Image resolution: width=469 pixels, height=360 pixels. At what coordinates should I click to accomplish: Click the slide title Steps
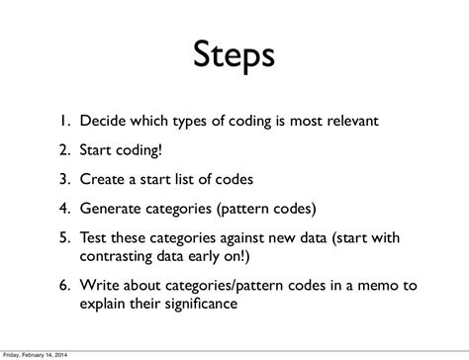234,55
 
